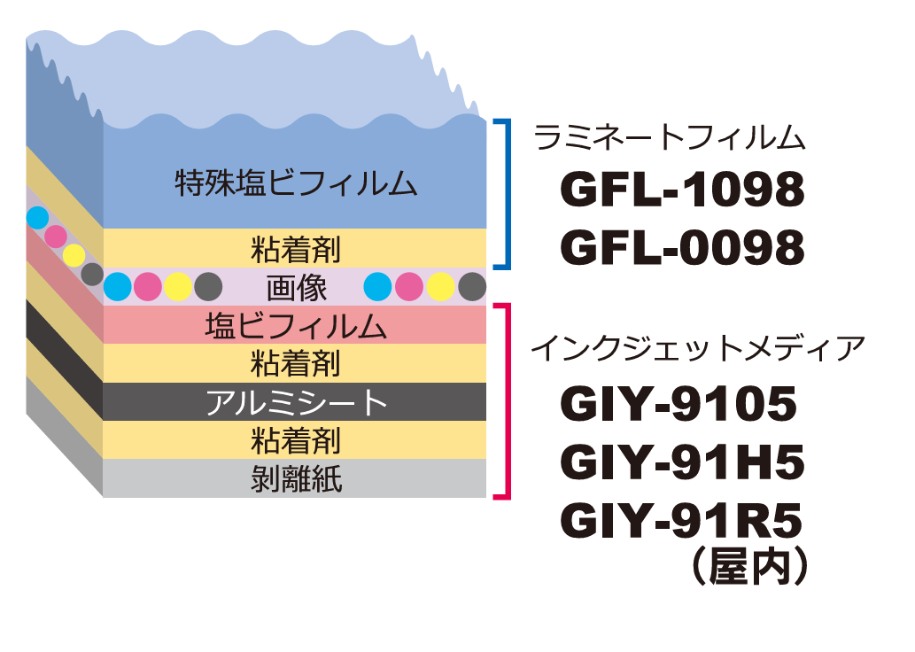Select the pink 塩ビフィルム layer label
click(x=296, y=326)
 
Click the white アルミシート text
click(x=296, y=403)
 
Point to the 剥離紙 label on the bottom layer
click(x=296, y=479)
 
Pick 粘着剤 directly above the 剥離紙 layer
click(x=296, y=440)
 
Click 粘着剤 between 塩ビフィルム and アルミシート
click(x=296, y=364)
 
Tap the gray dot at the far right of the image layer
click(x=473, y=286)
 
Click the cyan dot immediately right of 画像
click(x=377, y=286)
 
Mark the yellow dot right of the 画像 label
click(x=441, y=286)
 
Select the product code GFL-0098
click(x=682, y=248)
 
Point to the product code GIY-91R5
click(x=681, y=521)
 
